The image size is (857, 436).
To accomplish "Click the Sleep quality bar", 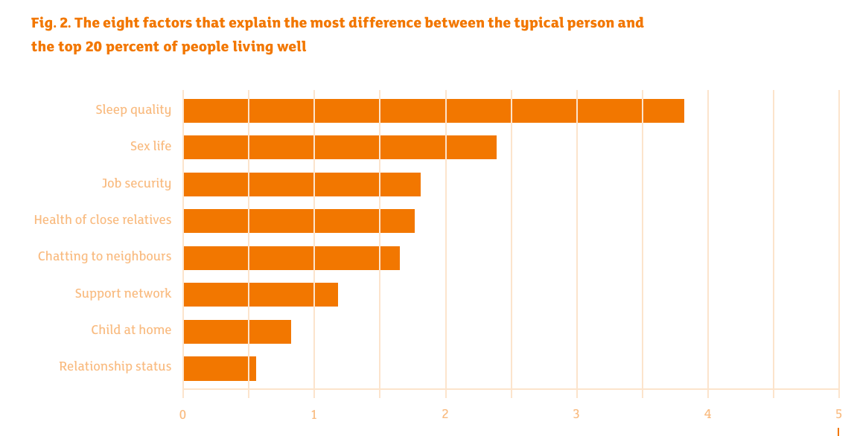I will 433,111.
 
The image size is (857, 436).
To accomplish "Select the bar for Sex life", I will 340,147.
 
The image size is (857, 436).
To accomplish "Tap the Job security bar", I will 302,185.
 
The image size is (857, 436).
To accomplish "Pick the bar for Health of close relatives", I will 299,221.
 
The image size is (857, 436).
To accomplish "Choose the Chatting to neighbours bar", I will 291,258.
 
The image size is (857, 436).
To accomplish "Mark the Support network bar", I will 261,295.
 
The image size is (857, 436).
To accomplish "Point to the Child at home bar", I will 237,332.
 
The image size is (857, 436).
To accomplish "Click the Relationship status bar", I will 220,368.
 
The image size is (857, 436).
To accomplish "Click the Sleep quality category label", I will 133,110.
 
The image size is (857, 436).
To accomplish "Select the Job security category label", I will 136,183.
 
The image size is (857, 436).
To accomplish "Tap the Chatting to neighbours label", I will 104,257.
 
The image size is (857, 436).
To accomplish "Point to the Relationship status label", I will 115,367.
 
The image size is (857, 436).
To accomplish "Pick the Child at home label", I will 131,330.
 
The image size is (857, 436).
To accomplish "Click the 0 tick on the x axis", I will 182,414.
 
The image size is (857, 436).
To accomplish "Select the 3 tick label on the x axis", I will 576,414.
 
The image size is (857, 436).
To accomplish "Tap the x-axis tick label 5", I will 838,414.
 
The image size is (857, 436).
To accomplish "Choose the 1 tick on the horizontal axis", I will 313,414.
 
